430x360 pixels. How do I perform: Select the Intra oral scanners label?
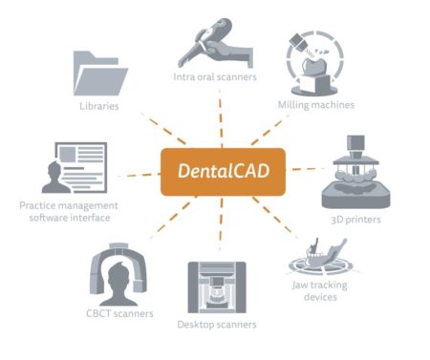click(215, 76)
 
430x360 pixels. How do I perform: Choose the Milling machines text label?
click(316, 103)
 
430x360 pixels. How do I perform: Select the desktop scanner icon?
click(217, 286)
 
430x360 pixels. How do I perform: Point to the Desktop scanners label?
click(217, 325)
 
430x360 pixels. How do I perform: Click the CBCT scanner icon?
click(118, 271)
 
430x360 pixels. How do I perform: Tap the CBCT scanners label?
click(119, 312)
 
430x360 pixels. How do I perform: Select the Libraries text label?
click(99, 106)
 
